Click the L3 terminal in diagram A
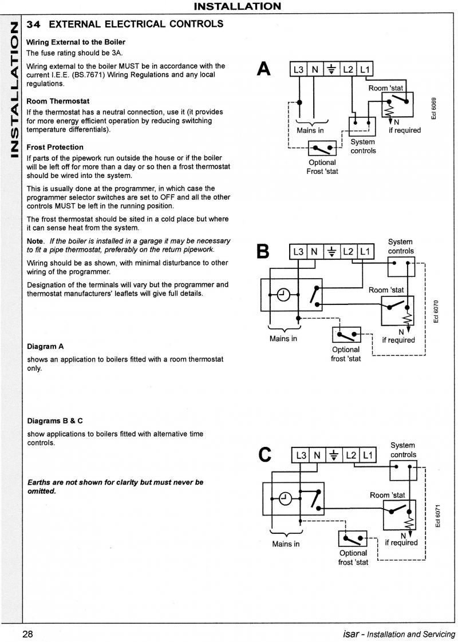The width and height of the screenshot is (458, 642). [299, 70]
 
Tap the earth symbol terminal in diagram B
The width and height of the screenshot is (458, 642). [332, 252]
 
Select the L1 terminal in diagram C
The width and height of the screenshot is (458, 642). [368, 455]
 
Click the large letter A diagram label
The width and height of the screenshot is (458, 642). [264, 69]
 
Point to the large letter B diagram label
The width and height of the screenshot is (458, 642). [263, 252]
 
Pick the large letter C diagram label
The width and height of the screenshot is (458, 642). [266, 454]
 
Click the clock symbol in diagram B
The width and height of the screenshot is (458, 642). [283, 294]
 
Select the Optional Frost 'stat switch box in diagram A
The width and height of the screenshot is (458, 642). [322, 148]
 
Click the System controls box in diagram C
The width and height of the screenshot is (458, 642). [403, 470]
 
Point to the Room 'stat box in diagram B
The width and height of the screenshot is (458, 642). [397, 310]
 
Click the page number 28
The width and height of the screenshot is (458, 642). [27, 634]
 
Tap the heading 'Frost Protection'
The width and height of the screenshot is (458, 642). [55, 148]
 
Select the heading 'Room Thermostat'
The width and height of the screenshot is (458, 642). [58, 101]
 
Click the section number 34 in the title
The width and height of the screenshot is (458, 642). [34, 24]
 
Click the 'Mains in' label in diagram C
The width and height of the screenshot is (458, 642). [286, 544]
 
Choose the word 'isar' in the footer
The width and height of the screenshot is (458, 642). [351, 634]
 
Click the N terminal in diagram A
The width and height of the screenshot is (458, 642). [315, 70]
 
